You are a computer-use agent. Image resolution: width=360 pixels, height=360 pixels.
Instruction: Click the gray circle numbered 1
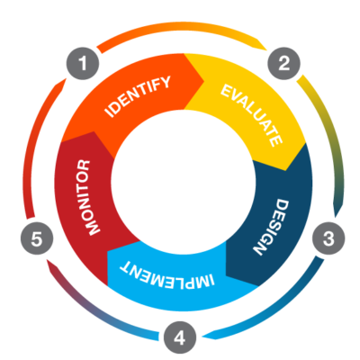point(83,64)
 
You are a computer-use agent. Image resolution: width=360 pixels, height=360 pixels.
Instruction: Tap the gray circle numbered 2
point(283,63)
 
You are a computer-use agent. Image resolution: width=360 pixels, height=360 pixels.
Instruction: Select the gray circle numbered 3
point(328,238)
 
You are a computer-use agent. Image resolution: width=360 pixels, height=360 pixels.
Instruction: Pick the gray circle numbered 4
point(180,337)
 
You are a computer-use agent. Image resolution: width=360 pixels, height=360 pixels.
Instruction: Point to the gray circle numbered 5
point(37,239)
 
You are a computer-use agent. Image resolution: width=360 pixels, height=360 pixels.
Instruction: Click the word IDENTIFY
point(138,96)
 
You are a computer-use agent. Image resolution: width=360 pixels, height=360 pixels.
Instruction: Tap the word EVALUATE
point(251,115)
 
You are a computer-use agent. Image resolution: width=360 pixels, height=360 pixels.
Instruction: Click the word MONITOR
point(87,197)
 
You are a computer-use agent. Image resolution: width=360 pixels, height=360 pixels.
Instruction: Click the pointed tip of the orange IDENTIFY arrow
point(204,80)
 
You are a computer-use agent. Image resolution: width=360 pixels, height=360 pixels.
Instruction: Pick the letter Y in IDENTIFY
point(165,82)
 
